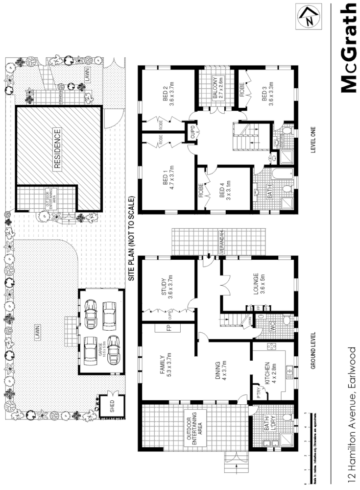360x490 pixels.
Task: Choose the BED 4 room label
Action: click(224, 188)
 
